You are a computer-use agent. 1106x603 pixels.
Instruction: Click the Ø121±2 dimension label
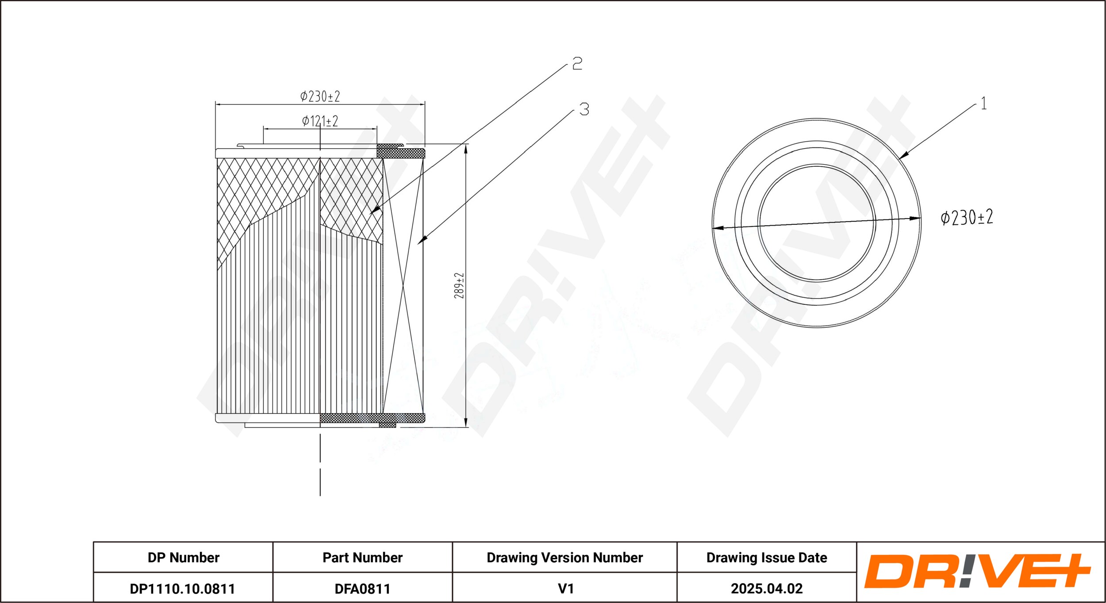click(320, 121)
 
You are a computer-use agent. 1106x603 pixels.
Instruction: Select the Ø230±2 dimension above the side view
click(320, 96)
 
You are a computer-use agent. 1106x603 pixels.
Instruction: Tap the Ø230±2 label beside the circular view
click(967, 217)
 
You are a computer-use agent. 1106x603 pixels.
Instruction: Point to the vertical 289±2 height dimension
click(459, 285)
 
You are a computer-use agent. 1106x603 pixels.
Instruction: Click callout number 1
click(983, 104)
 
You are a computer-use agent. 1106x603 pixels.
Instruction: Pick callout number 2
click(577, 64)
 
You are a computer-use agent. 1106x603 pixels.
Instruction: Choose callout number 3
click(584, 109)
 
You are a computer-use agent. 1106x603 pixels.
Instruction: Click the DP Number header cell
click(183, 557)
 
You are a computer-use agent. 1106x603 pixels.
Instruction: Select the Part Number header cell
click(362, 557)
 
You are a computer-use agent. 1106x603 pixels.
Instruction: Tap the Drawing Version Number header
click(565, 557)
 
